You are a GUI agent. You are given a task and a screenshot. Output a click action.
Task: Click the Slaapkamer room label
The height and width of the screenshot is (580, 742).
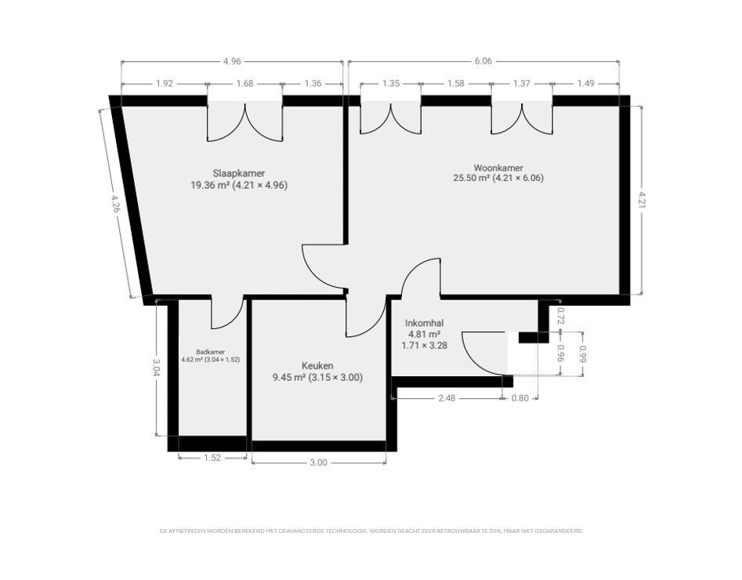coord(238,173)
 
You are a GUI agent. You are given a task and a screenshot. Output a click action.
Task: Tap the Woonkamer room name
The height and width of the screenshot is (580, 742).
coord(498,168)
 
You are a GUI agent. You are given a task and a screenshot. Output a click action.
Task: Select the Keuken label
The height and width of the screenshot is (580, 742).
coord(317,365)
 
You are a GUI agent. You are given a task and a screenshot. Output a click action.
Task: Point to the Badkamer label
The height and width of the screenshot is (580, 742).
coord(211,352)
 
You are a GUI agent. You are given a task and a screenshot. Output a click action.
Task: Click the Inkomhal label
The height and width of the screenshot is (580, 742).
coord(424,323)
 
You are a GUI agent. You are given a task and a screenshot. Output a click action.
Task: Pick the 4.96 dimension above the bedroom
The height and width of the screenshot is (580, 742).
coord(232,61)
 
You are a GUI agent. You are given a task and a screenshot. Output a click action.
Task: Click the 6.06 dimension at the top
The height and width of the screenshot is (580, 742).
coord(483,61)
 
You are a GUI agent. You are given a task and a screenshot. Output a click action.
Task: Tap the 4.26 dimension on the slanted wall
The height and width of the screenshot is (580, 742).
coord(115,204)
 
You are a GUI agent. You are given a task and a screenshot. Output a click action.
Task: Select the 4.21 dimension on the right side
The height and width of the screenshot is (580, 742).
coord(642,200)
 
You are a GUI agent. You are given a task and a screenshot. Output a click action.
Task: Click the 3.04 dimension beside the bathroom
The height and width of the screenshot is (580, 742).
coord(157,368)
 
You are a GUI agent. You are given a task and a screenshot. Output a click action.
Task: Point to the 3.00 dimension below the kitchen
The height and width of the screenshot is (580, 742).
coord(318,462)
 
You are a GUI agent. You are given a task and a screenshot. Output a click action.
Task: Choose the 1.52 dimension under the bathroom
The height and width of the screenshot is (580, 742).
coord(212,458)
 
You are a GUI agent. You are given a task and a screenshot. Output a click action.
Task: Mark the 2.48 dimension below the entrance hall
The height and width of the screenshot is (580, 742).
coord(447,398)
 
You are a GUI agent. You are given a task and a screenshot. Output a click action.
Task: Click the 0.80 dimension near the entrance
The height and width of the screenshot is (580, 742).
coord(520,398)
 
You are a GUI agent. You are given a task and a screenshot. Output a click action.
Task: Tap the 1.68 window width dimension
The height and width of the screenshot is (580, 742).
coord(244,83)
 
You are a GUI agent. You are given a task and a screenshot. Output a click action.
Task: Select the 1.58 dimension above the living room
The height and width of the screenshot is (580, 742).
coord(456,83)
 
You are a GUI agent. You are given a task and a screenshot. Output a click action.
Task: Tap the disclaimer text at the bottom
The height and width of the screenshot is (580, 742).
coord(371,531)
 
